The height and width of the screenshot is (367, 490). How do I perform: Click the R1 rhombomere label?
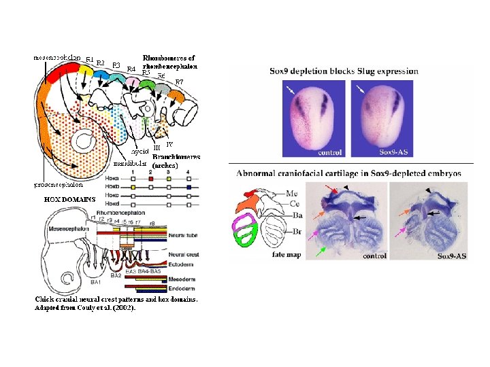pyautogui.click(x=89, y=59)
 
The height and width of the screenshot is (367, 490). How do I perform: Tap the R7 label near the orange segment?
pyautogui.click(x=180, y=82)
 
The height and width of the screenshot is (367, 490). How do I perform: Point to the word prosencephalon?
pyautogui.click(x=59, y=184)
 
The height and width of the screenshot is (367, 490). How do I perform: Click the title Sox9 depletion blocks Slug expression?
pyautogui.click(x=344, y=71)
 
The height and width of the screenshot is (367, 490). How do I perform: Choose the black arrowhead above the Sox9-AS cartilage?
pyautogui.click(x=427, y=190)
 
